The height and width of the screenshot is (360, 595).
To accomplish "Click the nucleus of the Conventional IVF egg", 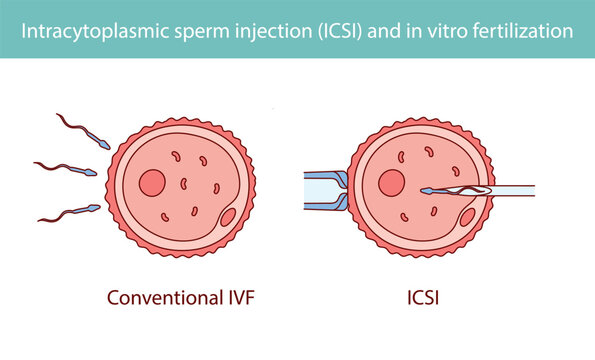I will click(152, 183).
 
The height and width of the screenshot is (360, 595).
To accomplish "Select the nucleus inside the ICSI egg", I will click(391, 183).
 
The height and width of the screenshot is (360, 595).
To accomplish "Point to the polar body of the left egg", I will click(228, 216).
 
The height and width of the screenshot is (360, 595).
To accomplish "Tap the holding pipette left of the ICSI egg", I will click(322, 189).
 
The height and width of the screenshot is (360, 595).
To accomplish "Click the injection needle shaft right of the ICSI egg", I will click(515, 190).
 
